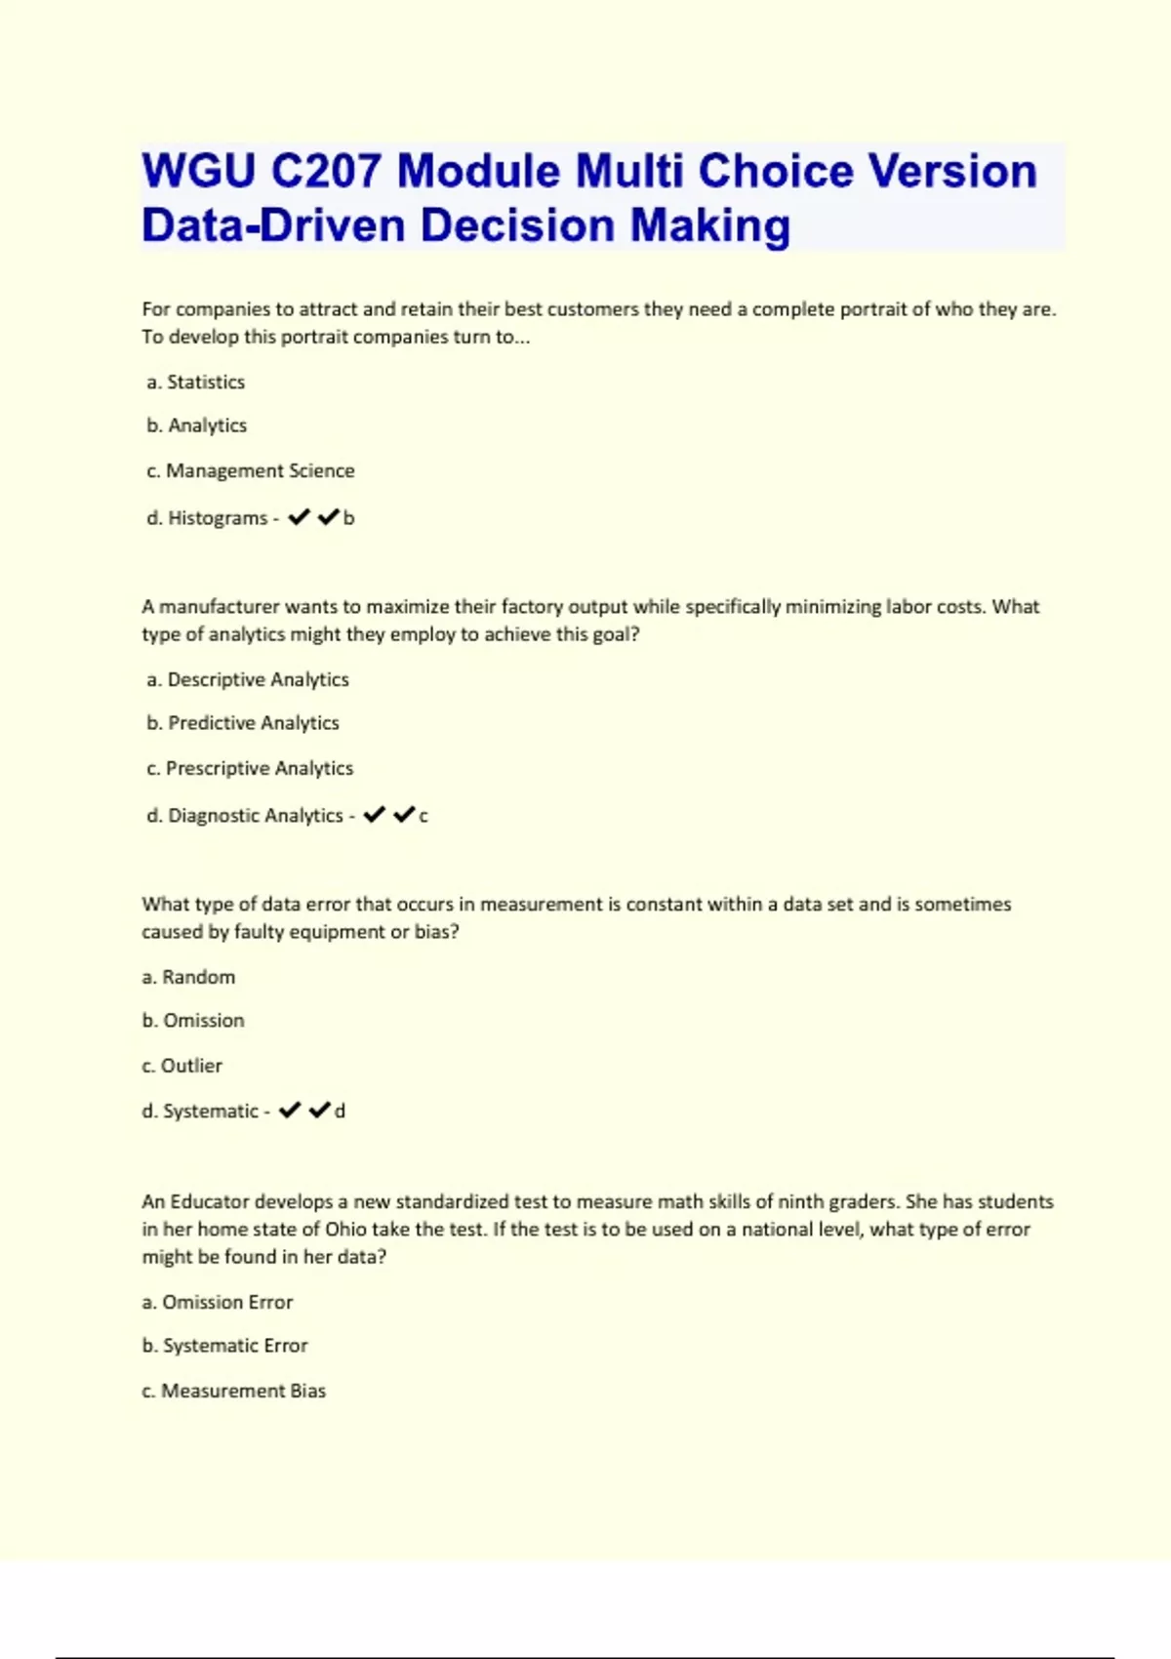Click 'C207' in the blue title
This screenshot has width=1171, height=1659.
tap(326, 172)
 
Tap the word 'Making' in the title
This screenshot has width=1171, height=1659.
tap(709, 225)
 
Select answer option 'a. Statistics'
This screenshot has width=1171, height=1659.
tap(196, 382)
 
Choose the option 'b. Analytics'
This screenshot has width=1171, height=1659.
tap(197, 425)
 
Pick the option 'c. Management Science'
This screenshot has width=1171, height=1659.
tap(251, 470)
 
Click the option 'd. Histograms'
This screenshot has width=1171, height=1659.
tap(207, 518)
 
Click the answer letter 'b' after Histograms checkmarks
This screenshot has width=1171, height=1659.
tap(349, 518)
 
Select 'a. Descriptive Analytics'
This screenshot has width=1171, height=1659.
tap(248, 679)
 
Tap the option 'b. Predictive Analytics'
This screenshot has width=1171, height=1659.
tap(243, 723)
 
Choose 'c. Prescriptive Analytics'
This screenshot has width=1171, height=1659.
tap(250, 768)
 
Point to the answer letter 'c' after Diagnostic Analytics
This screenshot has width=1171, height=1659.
tap(424, 816)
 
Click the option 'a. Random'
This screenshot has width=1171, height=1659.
tap(188, 977)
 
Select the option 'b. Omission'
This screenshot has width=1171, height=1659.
tap(193, 1021)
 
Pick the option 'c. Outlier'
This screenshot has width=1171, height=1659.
tap(182, 1066)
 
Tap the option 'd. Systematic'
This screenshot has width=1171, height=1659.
tap(200, 1112)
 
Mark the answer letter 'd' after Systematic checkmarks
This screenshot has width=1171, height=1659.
tap(340, 1112)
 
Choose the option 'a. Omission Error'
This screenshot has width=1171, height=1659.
tap(218, 1302)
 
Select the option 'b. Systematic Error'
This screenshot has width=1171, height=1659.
tap(224, 1346)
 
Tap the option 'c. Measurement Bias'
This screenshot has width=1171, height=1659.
tap(234, 1391)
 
